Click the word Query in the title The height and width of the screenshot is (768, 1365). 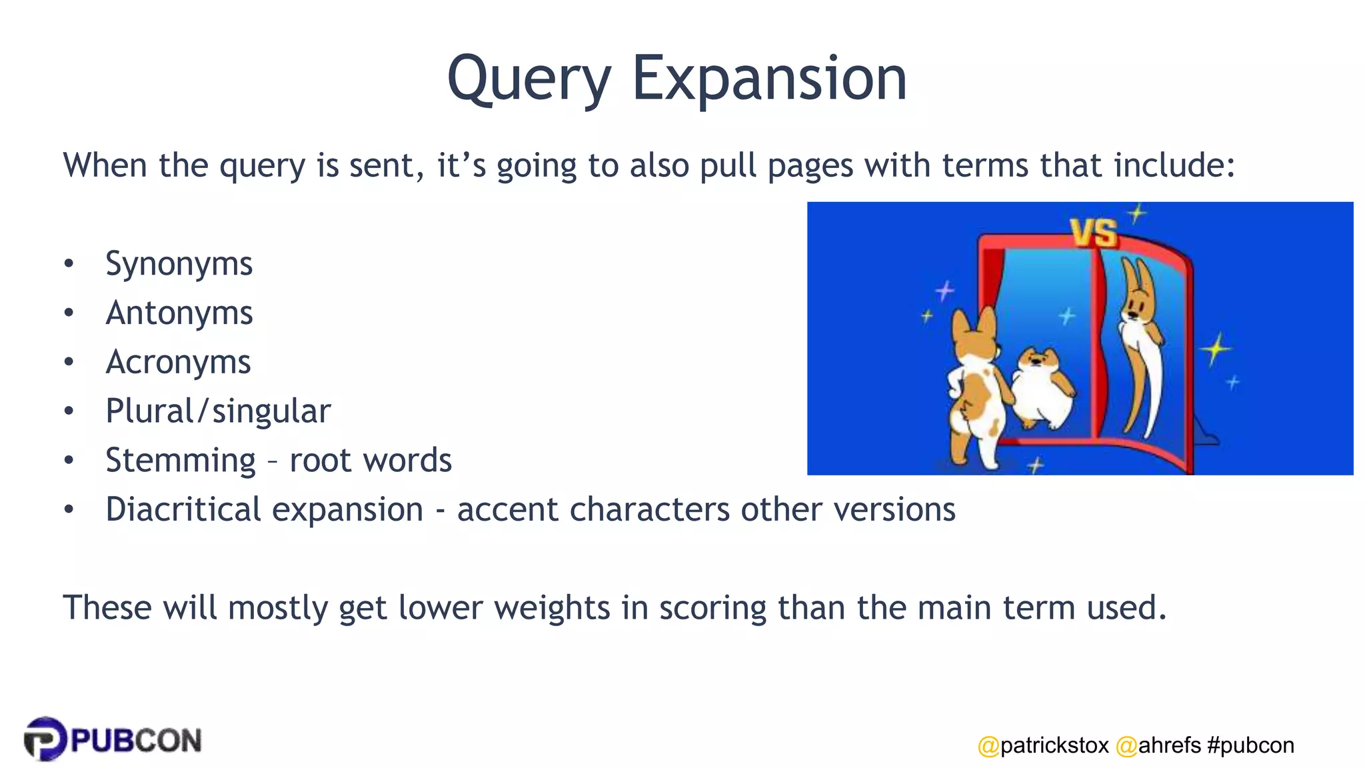(529, 80)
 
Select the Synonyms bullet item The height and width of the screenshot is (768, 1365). (179, 264)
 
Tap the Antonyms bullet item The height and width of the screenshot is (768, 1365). (179, 313)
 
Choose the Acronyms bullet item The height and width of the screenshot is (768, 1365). (178, 363)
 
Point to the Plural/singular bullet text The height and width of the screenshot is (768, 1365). (218, 411)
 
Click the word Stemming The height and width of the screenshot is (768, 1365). (180, 461)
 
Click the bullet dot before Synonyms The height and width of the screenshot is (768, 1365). (69, 264)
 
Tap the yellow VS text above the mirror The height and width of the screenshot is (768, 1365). (1093, 233)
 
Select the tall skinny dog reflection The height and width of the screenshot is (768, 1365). (1142, 347)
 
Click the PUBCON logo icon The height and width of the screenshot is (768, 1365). (45, 739)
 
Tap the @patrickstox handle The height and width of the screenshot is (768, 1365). (1043, 745)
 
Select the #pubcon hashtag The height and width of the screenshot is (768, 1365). (1250, 745)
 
